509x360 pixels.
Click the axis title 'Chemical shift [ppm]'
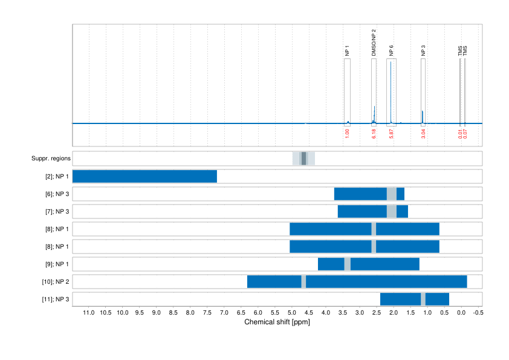tap(277, 322)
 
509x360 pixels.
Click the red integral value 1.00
tap(347, 133)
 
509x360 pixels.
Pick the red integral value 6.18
tap(374, 133)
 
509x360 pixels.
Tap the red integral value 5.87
tap(391, 133)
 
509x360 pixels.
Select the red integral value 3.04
tap(423, 133)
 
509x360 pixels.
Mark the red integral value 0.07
tap(464, 133)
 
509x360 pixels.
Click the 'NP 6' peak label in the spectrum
tap(391, 51)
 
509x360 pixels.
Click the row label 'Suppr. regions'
tap(51, 159)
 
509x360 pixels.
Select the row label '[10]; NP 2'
tap(56, 282)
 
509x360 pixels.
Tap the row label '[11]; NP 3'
tap(56, 299)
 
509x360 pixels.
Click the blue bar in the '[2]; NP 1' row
tap(144, 177)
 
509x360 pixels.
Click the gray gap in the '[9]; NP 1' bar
tap(347, 264)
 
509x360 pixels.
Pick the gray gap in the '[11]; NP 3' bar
tap(423, 299)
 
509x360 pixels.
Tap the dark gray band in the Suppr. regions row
tap(303, 159)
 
